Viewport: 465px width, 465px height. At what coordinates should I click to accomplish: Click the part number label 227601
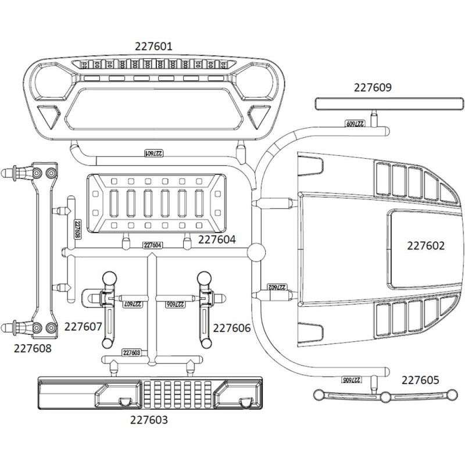pos(153,46)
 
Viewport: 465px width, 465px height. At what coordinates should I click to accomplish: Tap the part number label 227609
pos(373,88)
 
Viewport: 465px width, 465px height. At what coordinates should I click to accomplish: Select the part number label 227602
pos(425,246)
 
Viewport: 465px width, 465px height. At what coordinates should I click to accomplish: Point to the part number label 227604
pos(217,239)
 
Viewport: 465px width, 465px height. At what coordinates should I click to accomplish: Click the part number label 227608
pos(33,349)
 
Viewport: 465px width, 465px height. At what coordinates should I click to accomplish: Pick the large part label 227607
pos(83,327)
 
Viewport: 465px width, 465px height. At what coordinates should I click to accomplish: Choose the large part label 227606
pos(232,328)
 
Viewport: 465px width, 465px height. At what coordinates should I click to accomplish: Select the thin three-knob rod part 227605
pos(384,396)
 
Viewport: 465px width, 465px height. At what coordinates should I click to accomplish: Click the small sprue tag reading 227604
pos(151,245)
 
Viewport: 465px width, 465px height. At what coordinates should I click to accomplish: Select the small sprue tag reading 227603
pos(132,353)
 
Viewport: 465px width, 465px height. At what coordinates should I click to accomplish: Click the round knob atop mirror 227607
pos(108,279)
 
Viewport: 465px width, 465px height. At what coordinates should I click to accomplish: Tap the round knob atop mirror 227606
pos(205,279)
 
